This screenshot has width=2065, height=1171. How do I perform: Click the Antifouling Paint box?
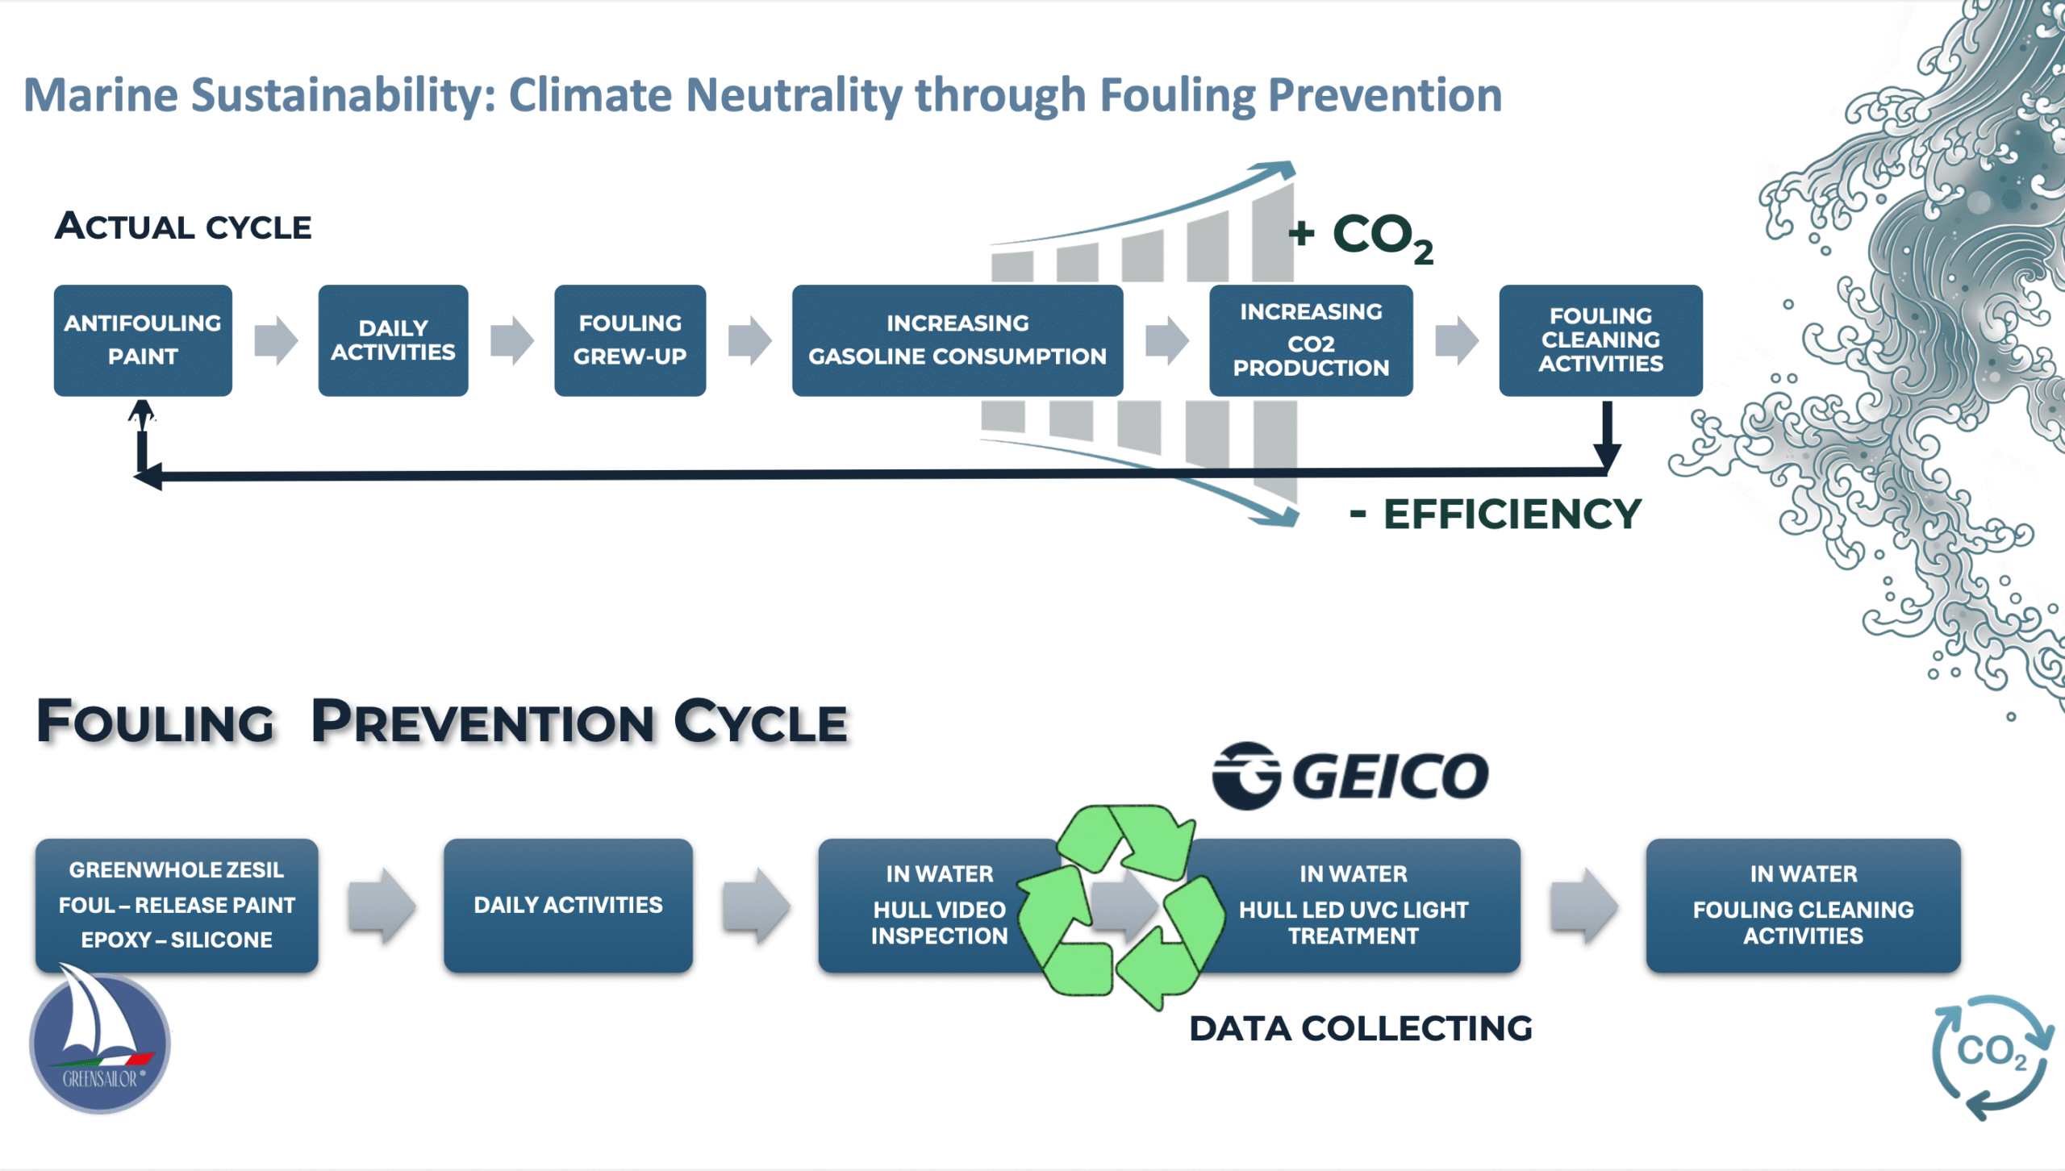click(143, 340)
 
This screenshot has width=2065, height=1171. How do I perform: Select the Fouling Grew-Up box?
click(629, 340)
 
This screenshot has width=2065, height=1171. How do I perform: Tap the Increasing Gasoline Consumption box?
click(957, 340)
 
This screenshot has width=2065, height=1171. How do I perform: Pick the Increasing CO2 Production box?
click(1311, 340)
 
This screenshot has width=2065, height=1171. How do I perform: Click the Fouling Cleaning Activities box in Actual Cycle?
click(1600, 340)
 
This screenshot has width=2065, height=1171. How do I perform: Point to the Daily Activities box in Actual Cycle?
click(393, 340)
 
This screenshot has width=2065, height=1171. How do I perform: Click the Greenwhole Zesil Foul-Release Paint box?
click(177, 904)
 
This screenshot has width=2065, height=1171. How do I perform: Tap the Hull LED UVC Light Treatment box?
click(1363, 904)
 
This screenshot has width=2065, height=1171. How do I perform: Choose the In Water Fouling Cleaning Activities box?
click(1803, 904)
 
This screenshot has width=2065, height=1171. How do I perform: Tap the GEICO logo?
click(1351, 775)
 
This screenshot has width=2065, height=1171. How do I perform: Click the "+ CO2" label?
click(1362, 235)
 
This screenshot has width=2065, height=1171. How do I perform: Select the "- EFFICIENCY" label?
click(1496, 514)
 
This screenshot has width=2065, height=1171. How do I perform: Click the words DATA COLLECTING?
click(1361, 1028)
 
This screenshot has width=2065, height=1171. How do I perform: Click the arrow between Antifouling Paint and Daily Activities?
click(276, 340)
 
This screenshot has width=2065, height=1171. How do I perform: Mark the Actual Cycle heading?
click(183, 227)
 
